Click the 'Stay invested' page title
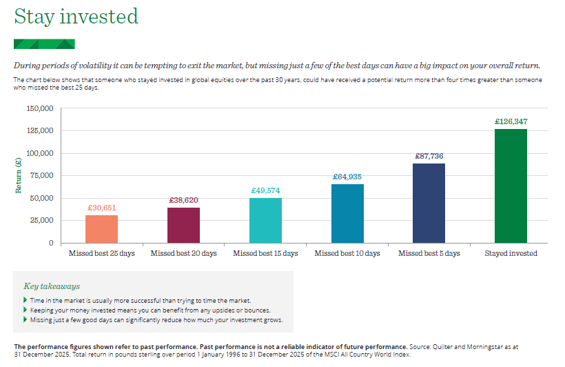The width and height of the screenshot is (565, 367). (76, 17)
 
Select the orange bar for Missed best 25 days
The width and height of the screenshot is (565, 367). (101, 229)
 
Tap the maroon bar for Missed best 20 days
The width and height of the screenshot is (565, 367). (183, 225)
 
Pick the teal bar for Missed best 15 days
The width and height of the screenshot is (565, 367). (265, 220)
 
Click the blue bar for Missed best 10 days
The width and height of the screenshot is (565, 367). (347, 213)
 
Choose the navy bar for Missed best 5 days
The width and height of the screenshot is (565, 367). (429, 203)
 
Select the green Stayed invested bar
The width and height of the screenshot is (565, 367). (511, 186)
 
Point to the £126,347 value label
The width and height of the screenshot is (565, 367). (511, 121)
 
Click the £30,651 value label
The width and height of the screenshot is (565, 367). (101, 208)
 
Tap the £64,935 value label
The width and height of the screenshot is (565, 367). (347, 177)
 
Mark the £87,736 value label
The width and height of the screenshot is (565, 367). (429, 156)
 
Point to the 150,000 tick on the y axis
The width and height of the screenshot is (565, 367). (40, 108)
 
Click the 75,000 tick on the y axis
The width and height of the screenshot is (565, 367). (42, 176)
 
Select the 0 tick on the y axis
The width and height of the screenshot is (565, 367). (51, 243)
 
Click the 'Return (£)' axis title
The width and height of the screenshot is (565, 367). (19, 175)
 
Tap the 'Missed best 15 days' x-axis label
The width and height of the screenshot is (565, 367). (265, 254)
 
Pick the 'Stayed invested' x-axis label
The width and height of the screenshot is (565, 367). (511, 254)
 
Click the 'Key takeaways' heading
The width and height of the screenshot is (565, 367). (52, 286)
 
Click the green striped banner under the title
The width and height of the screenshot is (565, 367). (44, 44)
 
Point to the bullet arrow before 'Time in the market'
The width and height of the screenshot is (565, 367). (25, 300)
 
